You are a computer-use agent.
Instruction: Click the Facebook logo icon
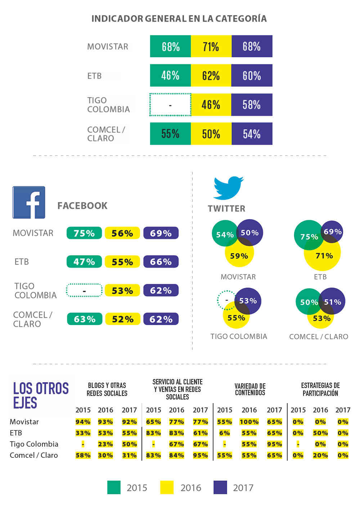[29, 202]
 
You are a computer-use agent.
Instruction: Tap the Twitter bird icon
[228, 188]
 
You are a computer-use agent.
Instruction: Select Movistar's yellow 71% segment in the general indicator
[211, 46]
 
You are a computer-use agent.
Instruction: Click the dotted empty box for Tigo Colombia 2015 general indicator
[170, 105]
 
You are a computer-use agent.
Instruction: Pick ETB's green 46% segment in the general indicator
[170, 76]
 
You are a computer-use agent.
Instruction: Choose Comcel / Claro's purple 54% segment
[252, 134]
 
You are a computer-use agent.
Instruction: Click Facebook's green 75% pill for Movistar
[84, 233]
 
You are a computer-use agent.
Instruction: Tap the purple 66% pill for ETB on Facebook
[161, 262]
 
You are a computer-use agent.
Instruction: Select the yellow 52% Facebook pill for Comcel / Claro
[122, 319]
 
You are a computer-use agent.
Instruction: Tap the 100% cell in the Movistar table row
[249, 422]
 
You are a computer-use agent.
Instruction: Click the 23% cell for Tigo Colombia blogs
[105, 444]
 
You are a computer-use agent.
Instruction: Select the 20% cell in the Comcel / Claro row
[320, 455]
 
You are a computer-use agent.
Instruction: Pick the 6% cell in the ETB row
[225, 433]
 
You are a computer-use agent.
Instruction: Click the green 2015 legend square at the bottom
[114, 487]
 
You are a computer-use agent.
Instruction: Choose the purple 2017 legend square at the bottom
[220, 487]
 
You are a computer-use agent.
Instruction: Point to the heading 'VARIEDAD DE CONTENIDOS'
[250, 389]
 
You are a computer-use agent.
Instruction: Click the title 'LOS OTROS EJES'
[41, 395]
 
